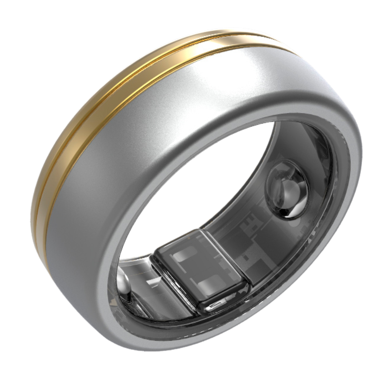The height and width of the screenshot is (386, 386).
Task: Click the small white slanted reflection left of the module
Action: coord(152,282)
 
